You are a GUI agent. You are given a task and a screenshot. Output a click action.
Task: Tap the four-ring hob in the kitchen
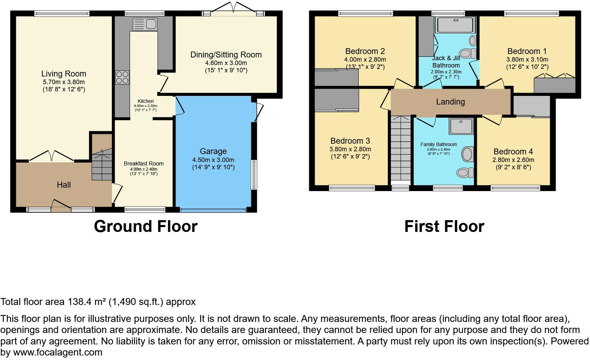(x=122, y=78)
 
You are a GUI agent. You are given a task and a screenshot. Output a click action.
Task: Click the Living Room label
(x=64, y=74)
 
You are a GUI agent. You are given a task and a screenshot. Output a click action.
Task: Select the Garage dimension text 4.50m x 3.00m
(x=213, y=160)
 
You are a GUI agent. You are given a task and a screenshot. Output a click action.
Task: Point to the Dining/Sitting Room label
(x=226, y=55)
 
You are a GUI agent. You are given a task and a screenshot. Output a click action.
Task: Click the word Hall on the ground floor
(x=64, y=185)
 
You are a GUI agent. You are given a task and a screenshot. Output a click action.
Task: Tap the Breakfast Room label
(x=144, y=163)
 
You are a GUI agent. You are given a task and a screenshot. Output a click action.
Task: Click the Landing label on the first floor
(x=450, y=102)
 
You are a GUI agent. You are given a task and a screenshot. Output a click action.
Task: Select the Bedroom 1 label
(x=527, y=51)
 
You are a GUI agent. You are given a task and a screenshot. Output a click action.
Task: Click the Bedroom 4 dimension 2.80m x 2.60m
(x=513, y=160)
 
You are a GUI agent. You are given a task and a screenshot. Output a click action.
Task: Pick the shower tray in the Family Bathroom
(x=462, y=126)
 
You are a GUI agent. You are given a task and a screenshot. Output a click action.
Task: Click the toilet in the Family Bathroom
(x=465, y=173)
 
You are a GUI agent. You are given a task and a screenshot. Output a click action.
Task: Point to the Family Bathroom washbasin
(x=467, y=154)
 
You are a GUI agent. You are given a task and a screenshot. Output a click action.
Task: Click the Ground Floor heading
(x=146, y=226)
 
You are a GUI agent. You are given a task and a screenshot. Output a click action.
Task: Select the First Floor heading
(x=444, y=226)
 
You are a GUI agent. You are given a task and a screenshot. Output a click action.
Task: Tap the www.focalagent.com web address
(x=58, y=352)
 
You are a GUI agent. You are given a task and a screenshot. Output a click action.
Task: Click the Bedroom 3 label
(x=350, y=141)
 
